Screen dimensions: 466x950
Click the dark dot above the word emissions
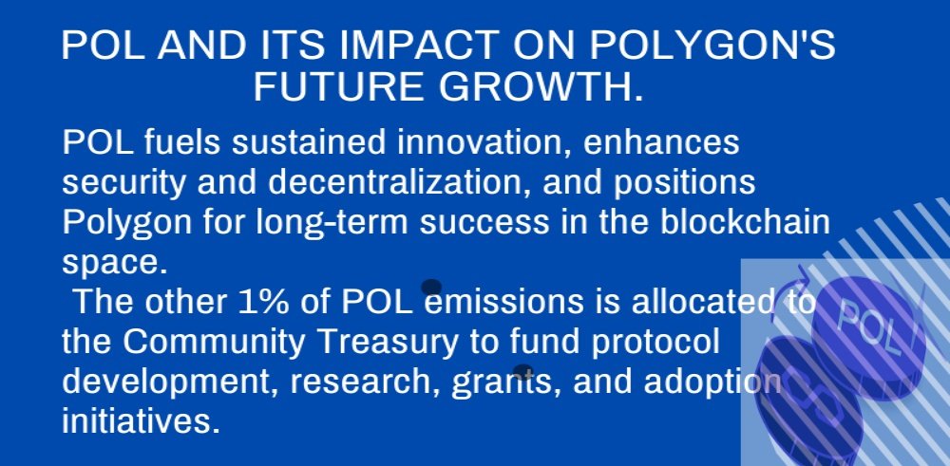[431, 287]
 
